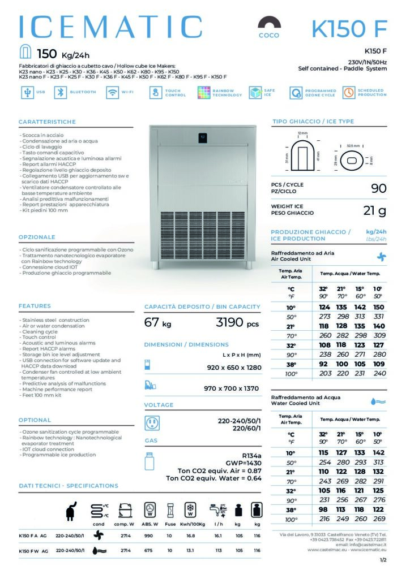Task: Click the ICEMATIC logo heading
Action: tap(111, 27)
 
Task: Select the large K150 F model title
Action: tap(349, 28)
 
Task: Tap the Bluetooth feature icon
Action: tap(59, 93)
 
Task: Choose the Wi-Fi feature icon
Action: tap(112, 93)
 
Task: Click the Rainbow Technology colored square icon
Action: tap(204, 93)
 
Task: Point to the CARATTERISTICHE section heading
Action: tap(47, 122)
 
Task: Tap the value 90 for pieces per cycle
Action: tap(378, 188)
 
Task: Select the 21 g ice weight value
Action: tap(374, 211)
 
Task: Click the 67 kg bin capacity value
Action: tap(157, 323)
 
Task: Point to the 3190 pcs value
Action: tap(237, 323)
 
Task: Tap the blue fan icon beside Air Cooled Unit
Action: tap(381, 256)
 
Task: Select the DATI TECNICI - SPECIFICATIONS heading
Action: tap(68, 486)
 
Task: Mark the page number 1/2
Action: tap(383, 560)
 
